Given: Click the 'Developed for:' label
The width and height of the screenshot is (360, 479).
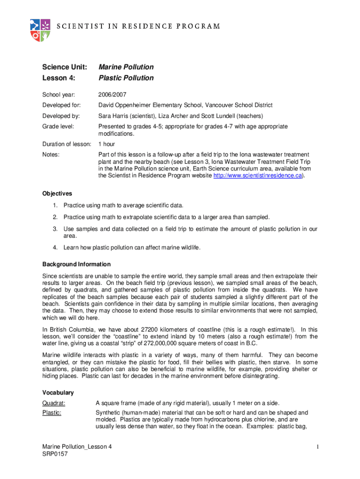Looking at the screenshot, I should (x=61, y=105).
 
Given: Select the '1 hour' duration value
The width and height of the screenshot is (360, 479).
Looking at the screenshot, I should (x=107, y=144).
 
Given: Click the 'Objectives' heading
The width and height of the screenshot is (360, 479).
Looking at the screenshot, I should (x=57, y=193).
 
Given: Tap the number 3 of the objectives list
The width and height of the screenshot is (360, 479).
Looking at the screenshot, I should (x=55, y=229).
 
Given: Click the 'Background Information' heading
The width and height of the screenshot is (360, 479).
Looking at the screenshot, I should (x=76, y=264).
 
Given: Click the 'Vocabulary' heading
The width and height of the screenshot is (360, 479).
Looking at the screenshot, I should (x=58, y=392).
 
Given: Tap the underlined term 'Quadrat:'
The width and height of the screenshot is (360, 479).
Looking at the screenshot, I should (x=54, y=403).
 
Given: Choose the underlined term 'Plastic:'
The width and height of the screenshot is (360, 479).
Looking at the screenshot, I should (x=52, y=413).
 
